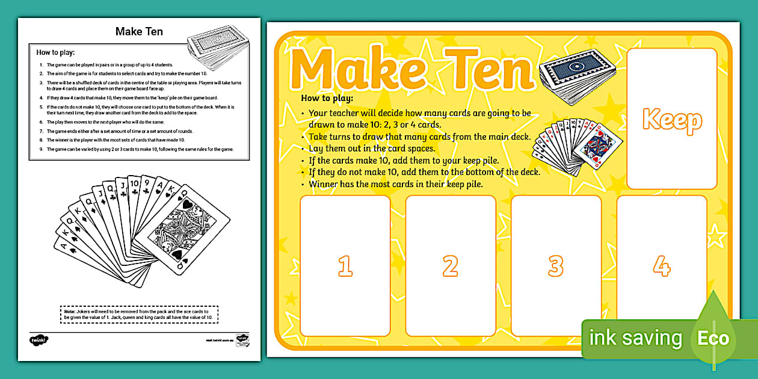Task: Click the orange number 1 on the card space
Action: click(x=345, y=265)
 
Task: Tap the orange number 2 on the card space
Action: click(x=450, y=265)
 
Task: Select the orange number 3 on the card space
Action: click(x=555, y=265)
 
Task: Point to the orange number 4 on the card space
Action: click(x=661, y=265)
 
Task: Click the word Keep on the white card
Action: click(x=672, y=120)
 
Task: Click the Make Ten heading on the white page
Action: click(x=139, y=32)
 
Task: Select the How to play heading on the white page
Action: click(x=55, y=52)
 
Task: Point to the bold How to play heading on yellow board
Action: click(x=327, y=98)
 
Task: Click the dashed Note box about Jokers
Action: click(x=139, y=315)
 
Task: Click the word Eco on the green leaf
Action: click(x=713, y=338)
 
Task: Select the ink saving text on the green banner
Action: click(x=635, y=338)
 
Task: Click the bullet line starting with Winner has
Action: click(x=395, y=184)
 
